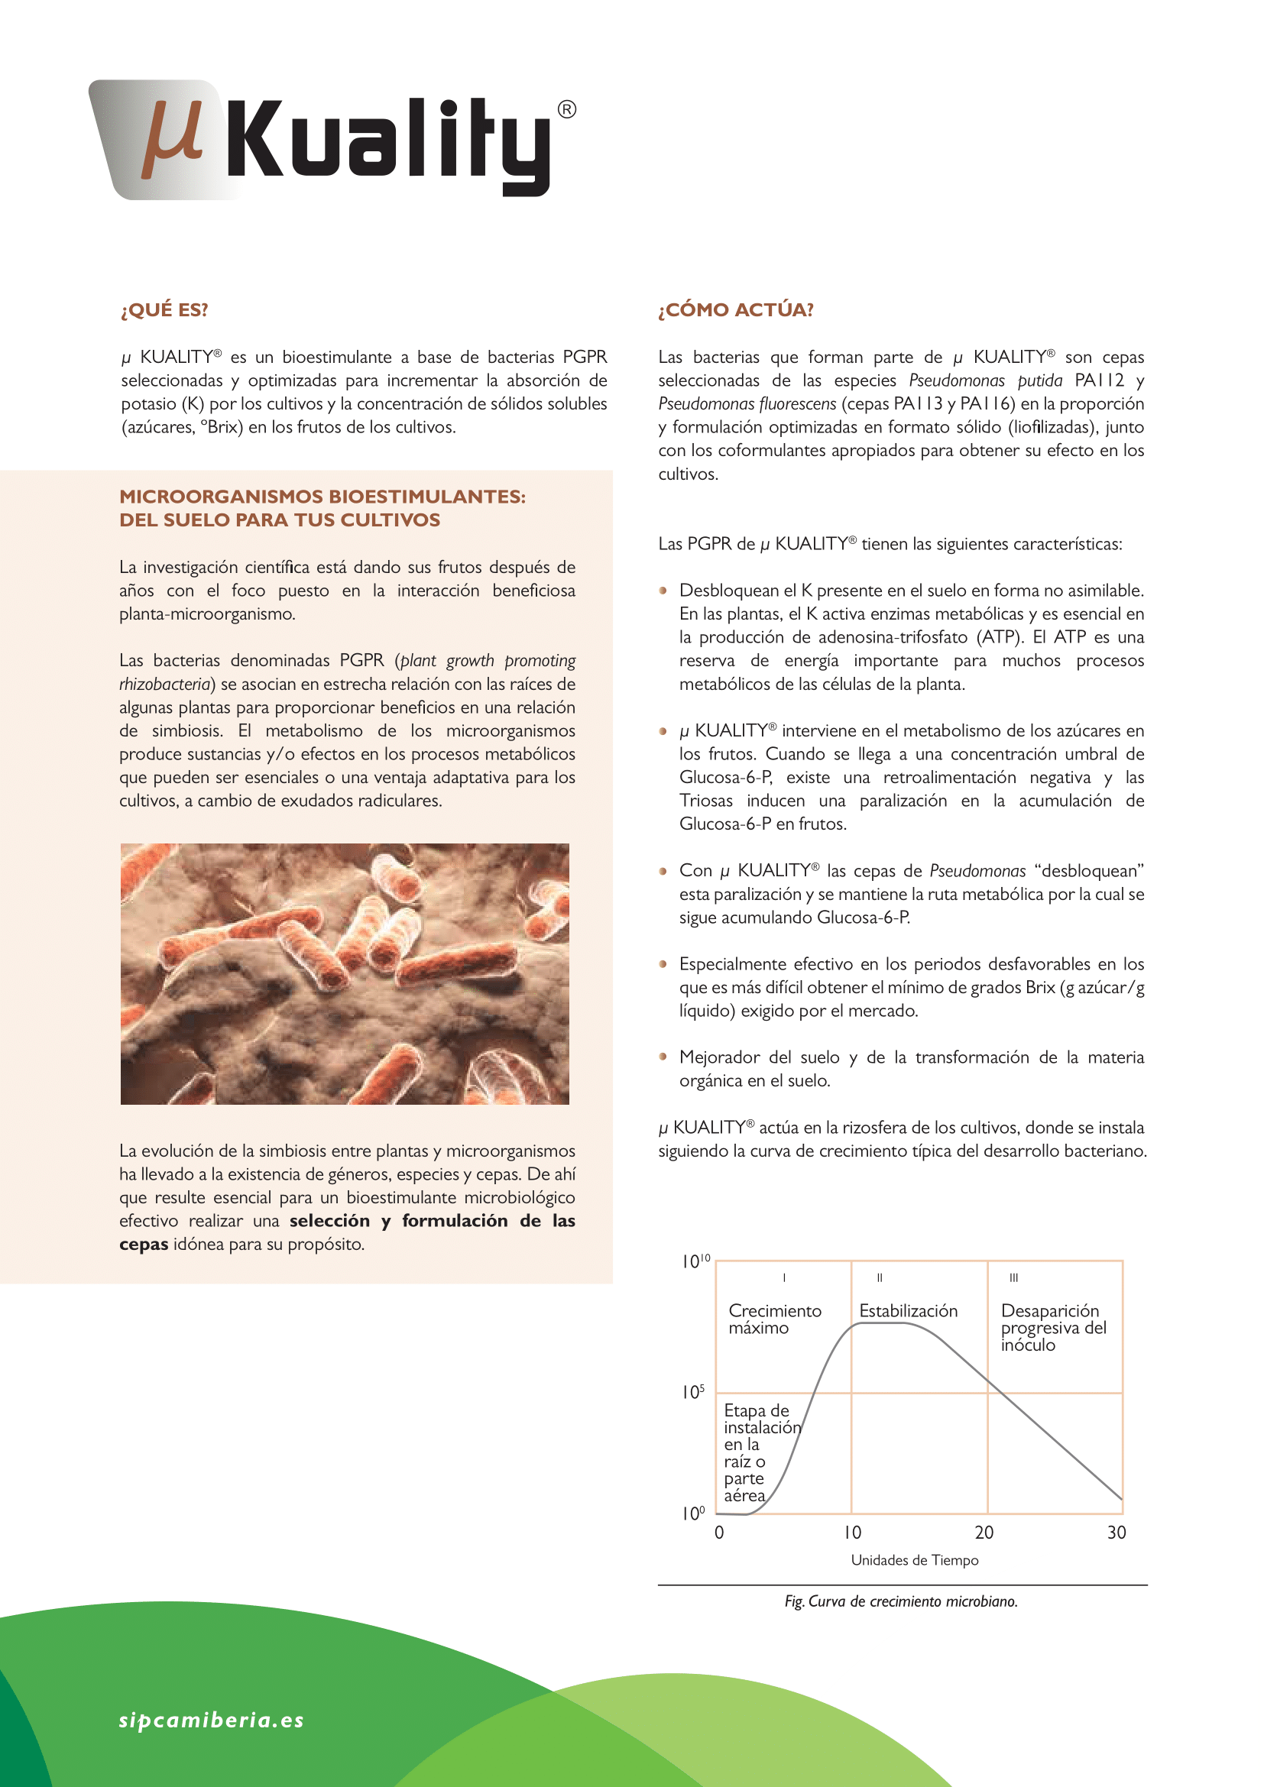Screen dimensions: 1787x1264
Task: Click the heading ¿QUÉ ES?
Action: coord(164,309)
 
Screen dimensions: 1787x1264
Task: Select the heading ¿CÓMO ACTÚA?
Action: coord(735,309)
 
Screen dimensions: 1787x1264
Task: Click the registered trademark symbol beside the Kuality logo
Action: coord(567,110)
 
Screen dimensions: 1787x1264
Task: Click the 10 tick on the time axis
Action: coord(852,1533)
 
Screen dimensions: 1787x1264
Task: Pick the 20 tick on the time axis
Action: coord(984,1533)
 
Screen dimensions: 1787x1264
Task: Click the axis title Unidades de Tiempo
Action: coord(915,1560)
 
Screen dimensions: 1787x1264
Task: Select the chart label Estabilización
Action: coord(909,1311)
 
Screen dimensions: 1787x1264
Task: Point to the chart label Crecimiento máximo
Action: coord(774,1319)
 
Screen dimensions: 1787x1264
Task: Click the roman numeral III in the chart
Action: coord(1013,1277)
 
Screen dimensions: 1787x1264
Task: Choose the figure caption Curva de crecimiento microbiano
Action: coord(900,1601)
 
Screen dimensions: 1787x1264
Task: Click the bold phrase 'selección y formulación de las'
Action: coord(432,1220)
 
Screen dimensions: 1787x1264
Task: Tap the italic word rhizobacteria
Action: coord(165,684)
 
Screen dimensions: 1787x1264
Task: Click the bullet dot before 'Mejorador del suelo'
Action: coord(663,1056)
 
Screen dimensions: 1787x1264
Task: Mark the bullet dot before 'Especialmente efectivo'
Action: coord(663,963)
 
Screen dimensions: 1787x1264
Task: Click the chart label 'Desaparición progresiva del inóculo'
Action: coord(1052,1328)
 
